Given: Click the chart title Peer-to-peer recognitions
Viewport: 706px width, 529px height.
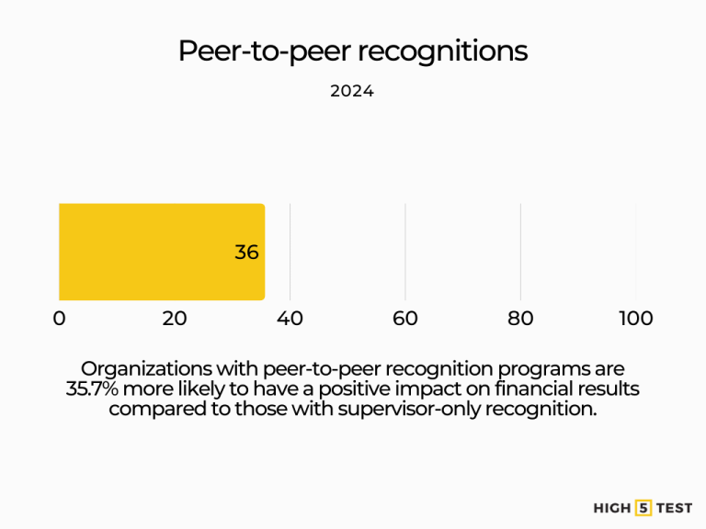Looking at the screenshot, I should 353,51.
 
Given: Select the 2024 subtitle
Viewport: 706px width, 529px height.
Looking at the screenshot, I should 352,92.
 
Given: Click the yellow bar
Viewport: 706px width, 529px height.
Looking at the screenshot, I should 161,252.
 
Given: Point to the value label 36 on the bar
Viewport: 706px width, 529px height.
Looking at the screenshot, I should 246,253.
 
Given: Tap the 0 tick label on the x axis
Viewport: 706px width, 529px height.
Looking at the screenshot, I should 60,319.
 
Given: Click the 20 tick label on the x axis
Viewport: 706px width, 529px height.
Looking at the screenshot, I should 175,319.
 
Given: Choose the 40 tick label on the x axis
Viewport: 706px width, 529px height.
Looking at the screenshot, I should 290,319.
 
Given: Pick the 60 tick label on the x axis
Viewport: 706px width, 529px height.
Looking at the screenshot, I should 405,319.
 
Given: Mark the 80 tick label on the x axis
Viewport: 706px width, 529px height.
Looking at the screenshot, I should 520,319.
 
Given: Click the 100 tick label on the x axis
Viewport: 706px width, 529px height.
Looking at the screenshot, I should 635,319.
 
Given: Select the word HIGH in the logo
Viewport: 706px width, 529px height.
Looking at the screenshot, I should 613,507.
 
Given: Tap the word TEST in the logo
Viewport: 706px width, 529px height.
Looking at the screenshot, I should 675,507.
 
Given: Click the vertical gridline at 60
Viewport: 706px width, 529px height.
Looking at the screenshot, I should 405,252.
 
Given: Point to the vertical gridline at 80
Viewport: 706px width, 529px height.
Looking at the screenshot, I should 520,252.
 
